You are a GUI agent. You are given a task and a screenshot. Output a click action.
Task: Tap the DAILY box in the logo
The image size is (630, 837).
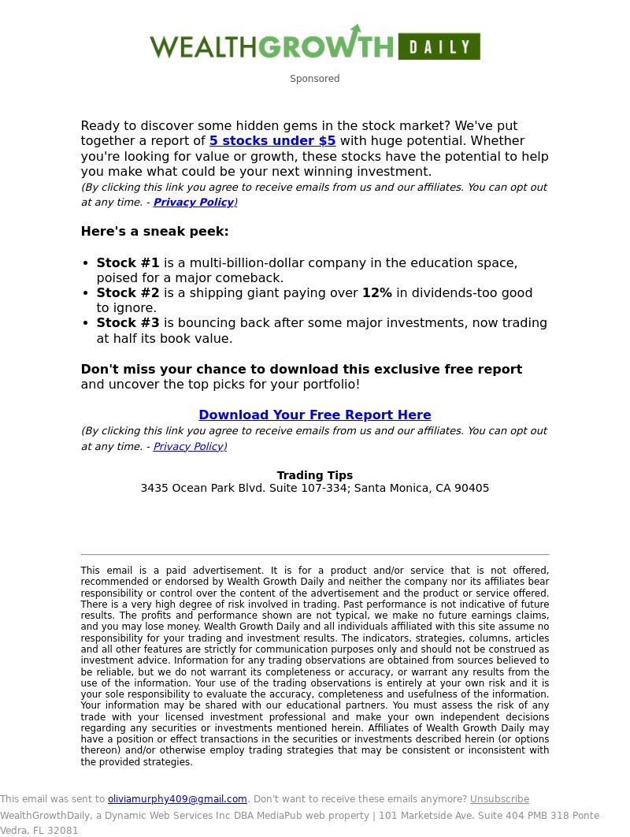439,46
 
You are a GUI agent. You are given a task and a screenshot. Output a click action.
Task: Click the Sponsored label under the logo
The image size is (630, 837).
314,79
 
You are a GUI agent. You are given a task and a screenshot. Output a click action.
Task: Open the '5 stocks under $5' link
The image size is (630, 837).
272,141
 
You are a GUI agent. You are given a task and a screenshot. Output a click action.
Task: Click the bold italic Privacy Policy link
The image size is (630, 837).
194,203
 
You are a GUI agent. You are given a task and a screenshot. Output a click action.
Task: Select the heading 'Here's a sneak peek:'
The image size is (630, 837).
154,232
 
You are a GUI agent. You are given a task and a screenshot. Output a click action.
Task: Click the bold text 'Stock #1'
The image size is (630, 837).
128,262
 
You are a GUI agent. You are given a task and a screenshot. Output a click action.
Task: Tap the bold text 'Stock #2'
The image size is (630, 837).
128,293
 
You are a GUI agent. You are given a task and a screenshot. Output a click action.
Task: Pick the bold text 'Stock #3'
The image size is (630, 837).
128,323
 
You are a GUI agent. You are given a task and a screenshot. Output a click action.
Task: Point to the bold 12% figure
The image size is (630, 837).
376,293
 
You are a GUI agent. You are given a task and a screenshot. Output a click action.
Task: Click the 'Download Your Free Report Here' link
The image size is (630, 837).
315,415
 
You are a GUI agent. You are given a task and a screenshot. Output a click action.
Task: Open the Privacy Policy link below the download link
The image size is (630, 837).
189,447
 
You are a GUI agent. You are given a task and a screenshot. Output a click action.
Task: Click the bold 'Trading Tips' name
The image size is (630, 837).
315,475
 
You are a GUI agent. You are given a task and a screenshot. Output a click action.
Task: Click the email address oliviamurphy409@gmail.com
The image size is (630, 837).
177,799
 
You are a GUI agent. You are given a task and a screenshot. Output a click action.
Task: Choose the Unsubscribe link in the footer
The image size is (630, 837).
499,799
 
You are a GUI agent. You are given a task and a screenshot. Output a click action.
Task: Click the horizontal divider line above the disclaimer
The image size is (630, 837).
315,555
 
